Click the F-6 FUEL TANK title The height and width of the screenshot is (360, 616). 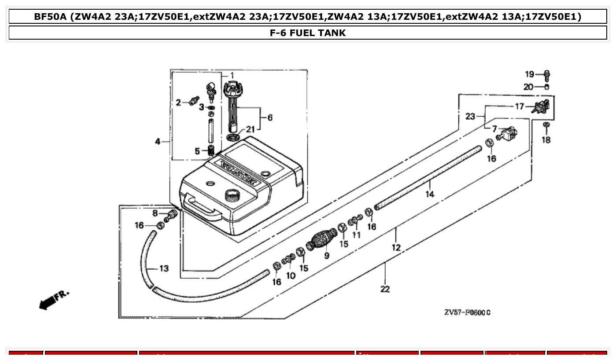[x=308, y=33]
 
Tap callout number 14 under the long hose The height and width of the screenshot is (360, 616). [x=430, y=194]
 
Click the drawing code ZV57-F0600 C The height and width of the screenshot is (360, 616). [x=467, y=312]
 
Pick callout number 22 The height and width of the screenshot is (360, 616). [x=385, y=289]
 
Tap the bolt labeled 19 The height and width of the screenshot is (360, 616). [x=547, y=74]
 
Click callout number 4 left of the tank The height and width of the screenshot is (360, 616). [x=157, y=142]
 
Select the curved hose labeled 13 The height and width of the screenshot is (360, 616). [x=148, y=264]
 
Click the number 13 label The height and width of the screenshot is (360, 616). [x=163, y=268]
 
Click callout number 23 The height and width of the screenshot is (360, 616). [x=470, y=117]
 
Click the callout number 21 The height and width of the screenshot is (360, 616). [x=250, y=129]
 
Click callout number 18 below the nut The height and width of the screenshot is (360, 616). [x=546, y=140]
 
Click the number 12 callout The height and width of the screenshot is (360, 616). [x=396, y=248]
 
